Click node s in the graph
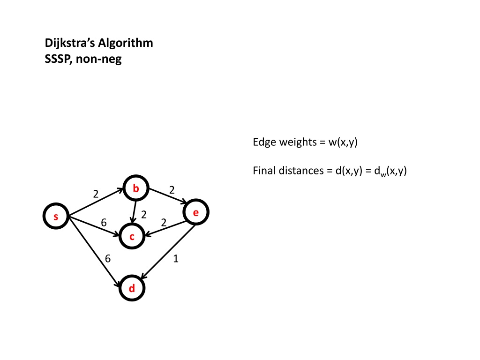(x=56, y=217)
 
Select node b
(x=135, y=189)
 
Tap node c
(x=132, y=238)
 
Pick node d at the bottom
(x=132, y=288)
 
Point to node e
(x=196, y=213)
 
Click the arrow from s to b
(x=96, y=202)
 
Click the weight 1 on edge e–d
(x=175, y=258)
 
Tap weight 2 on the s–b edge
(x=96, y=194)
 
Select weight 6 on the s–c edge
(x=104, y=223)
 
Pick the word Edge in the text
(x=263, y=142)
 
